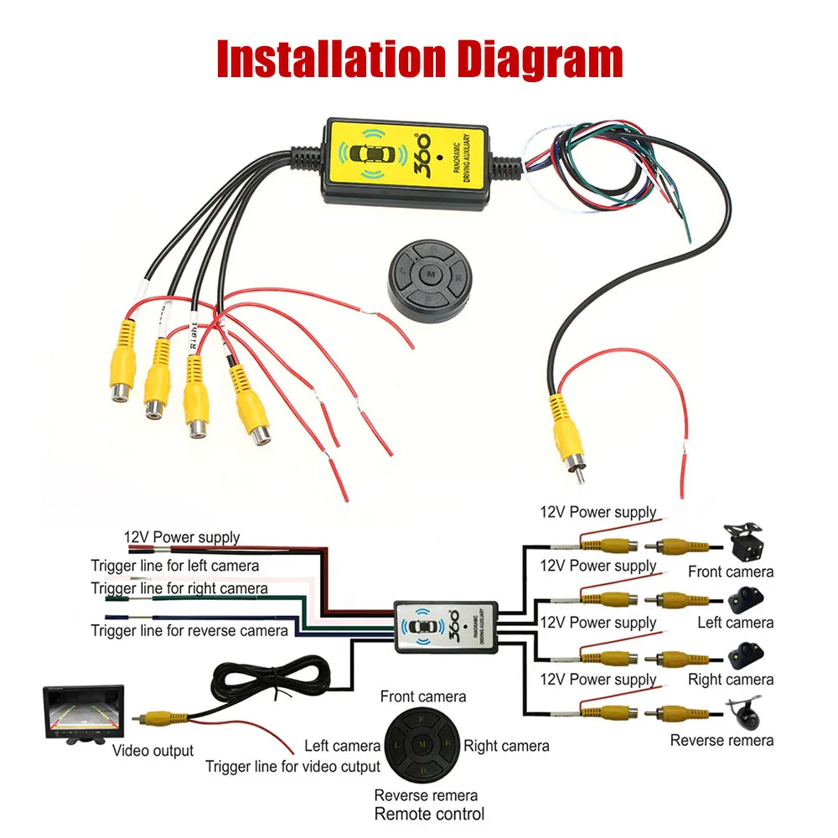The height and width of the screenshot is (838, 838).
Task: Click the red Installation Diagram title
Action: [420, 59]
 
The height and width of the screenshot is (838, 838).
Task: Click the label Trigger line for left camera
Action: [175, 566]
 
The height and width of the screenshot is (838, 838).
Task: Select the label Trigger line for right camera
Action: [179, 588]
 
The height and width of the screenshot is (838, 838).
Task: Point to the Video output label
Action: [153, 751]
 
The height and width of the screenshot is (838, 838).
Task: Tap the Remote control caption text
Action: [429, 814]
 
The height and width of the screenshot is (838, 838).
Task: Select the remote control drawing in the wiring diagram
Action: [423, 744]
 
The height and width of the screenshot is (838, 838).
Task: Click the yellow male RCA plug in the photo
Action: [566, 440]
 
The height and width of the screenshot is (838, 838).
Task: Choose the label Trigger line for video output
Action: [292, 766]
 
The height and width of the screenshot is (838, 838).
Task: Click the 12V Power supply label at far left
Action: [182, 537]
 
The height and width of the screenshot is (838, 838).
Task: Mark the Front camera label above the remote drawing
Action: [423, 696]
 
